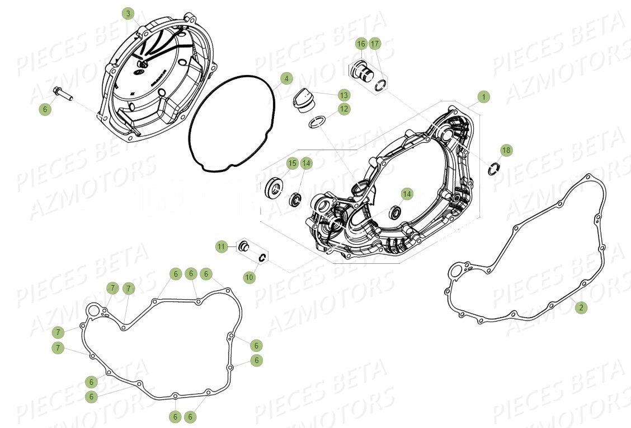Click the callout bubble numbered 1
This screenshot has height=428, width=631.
[x=483, y=97]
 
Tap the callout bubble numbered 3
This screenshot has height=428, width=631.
[x=128, y=13]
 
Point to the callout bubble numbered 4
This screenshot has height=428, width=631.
[x=286, y=79]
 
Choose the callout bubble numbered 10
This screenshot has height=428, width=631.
[x=249, y=277]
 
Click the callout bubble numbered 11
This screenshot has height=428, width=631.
[x=222, y=246]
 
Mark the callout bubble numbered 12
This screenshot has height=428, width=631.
[x=343, y=109]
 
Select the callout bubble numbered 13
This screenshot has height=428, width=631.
[x=343, y=95]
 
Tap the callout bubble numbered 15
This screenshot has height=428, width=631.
[x=291, y=163]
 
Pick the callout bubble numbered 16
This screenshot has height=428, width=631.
[x=361, y=44]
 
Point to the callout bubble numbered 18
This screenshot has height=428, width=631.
[x=506, y=150]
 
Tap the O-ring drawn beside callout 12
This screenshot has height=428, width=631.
[x=317, y=122]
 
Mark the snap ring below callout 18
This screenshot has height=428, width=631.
[x=492, y=168]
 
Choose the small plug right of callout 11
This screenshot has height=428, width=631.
[x=244, y=246]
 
